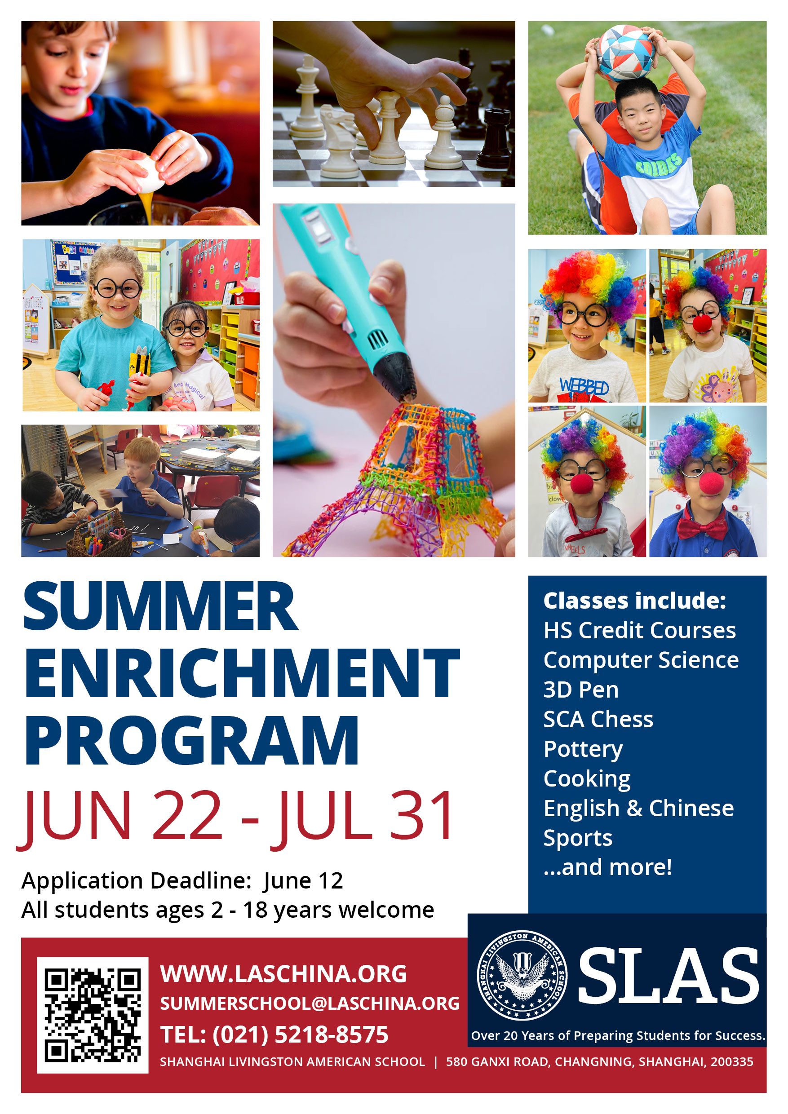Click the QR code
click(92, 1015)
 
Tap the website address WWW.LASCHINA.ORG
click(283, 974)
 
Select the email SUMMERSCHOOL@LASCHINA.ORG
click(310, 1003)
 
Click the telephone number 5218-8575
click(332, 1034)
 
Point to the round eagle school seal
click(522, 975)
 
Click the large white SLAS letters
click(668, 976)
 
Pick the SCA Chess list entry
click(598, 719)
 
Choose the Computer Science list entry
click(641, 660)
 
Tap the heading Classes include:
click(635, 601)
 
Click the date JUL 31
click(362, 816)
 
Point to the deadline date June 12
click(303, 880)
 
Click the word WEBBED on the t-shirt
click(584, 386)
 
